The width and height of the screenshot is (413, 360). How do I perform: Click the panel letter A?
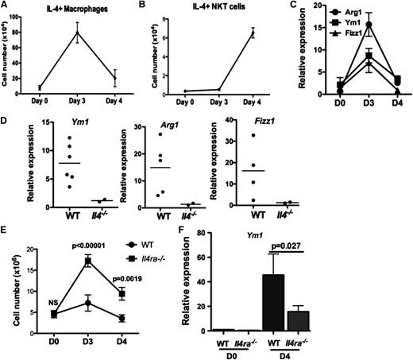[6, 6]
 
